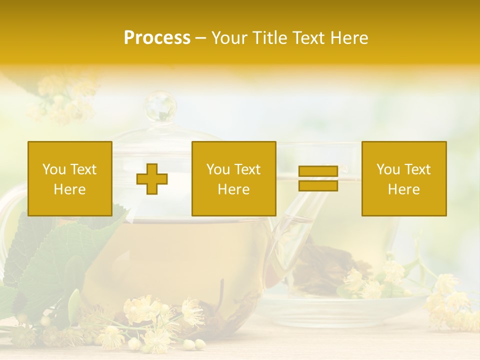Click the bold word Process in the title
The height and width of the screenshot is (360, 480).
click(157, 38)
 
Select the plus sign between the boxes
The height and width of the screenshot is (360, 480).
click(152, 179)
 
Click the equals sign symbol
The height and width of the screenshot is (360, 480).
click(318, 178)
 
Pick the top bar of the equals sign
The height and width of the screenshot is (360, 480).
click(318, 171)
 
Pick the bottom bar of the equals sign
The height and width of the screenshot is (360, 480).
click(318, 185)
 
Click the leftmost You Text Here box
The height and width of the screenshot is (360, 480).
click(70, 178)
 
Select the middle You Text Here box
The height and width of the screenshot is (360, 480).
click(233, 178)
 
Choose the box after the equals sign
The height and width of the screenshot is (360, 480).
click(404, 178)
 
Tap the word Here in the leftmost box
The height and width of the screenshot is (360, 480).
click(70, 189)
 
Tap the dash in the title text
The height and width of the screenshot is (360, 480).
click(201, 38)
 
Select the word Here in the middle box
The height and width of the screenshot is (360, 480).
click(233, 189)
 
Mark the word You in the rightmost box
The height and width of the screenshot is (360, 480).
click(388, 169)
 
